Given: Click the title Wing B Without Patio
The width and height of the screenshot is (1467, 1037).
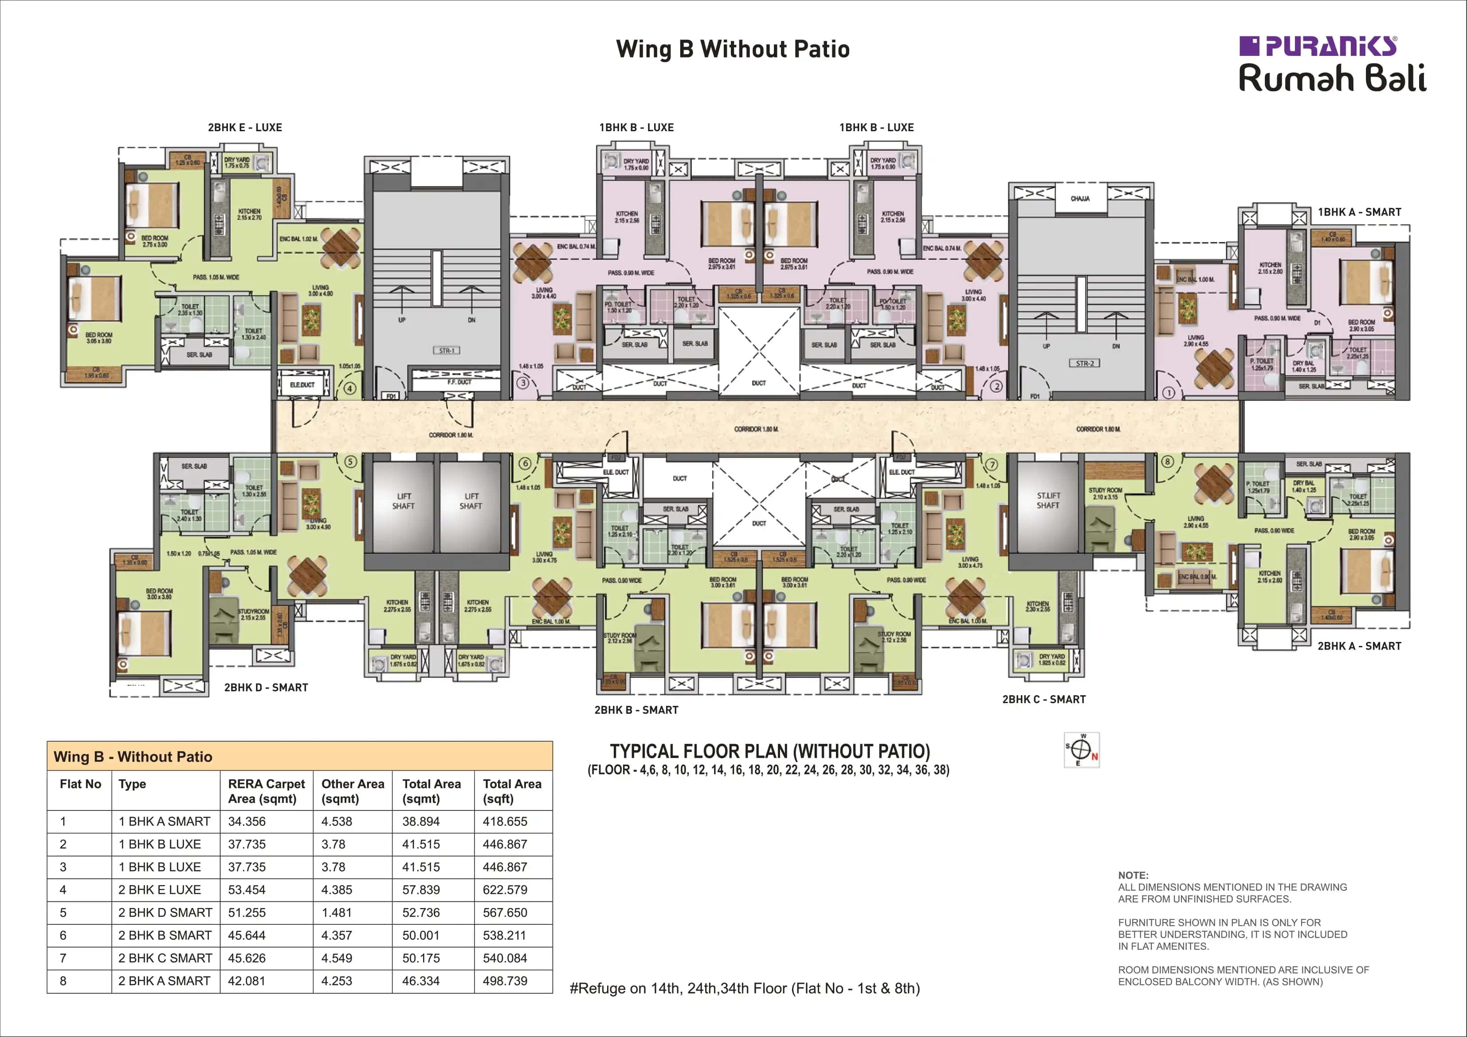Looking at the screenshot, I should [x=733, y=49].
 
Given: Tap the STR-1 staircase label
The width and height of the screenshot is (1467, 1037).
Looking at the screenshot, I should [x=446, y=351].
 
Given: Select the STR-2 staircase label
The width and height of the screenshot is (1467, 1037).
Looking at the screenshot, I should [x=1085, y=364].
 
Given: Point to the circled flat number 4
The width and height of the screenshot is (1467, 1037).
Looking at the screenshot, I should [x=349, y=388].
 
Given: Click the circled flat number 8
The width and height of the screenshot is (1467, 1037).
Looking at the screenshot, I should [x=1167, y=462].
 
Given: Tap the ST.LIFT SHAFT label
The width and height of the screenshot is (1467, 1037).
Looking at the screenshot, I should [x=1048, y=500].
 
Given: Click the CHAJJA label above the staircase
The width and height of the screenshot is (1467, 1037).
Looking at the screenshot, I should [x=1080, y=199].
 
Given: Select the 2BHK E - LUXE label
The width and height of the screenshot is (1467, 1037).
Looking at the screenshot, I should [x=245, y=127].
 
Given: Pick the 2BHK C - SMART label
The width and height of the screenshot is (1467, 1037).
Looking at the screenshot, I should [x=1043, y=699].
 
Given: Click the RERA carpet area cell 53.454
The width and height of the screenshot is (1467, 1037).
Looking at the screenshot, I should [x=247, y=889].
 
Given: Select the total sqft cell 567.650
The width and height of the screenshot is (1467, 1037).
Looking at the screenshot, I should [x=505, y=912].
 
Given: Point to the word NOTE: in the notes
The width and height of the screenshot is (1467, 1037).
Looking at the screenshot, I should [x=1133, y=875].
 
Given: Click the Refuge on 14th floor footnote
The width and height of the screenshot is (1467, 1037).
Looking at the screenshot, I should [x=744, y=988].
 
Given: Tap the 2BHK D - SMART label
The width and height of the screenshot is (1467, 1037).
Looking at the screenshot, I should [x=266, y=688].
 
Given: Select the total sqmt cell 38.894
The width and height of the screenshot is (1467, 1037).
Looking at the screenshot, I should [x=420, y=821].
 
